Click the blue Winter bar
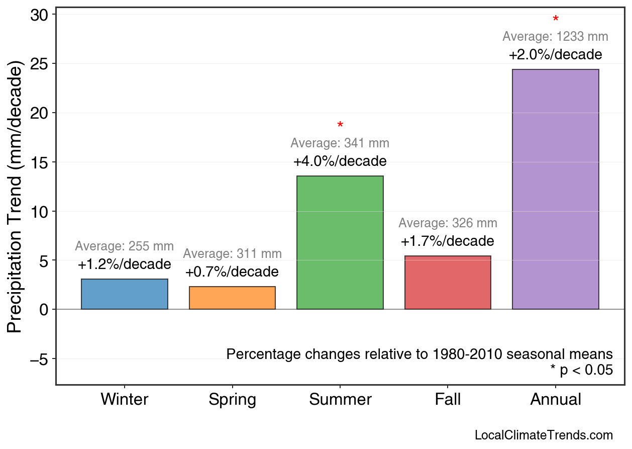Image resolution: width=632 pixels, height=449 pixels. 125,294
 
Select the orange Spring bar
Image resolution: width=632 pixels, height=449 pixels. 232,298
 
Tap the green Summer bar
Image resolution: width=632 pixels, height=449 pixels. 340,242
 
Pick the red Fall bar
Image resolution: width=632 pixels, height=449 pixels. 448,283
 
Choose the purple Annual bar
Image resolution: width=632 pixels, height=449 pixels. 555,189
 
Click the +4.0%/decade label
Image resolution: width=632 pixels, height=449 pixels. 340,162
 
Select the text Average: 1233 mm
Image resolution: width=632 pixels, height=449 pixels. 555,37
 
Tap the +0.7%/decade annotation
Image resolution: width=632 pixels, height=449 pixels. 232,272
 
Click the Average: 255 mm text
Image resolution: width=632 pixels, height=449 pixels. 125,246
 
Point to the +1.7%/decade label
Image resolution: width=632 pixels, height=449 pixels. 448,241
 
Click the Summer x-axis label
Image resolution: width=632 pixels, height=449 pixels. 340,400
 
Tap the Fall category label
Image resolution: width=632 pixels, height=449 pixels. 448,400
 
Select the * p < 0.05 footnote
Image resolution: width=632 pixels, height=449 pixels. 581,370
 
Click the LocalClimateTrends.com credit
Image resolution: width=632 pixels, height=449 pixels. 544,435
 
